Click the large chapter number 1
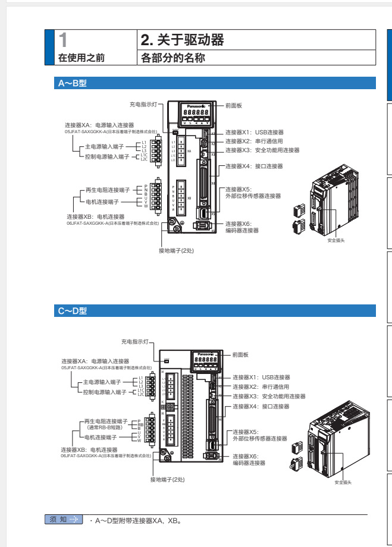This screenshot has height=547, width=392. pyautogui.click(x=64, y=40)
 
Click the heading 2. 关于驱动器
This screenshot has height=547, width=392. pyautogui.click(x=182, y=40)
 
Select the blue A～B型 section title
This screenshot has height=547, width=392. pyautogui.click(x=73, y=84)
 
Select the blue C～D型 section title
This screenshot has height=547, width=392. pyautogui.click(x=73, y=311)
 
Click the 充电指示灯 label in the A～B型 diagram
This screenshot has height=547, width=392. pyautogui.click(x=143, y=105)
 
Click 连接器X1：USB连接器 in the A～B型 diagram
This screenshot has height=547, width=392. pyautogui.click(x=254, y=133)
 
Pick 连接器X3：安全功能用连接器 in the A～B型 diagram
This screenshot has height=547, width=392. pyautogui.click(x=262, y=150)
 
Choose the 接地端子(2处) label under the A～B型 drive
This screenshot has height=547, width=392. pyautogui.click(x=176, y=250)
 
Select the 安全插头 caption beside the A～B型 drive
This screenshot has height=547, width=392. pyautogui.click(x=336, y=240)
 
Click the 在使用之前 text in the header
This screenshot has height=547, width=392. pyautogui.click(x=81, y=58)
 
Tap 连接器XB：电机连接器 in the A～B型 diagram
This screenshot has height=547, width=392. pyautogui.click(x=96, y=217)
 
